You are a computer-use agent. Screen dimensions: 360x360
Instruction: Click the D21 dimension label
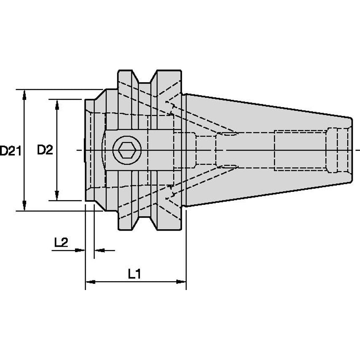[10, 150]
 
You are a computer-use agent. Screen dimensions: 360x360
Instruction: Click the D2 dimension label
[45, 150]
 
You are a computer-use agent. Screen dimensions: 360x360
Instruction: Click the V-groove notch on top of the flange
[145, 78]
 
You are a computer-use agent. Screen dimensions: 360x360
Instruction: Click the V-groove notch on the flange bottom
[145, 222]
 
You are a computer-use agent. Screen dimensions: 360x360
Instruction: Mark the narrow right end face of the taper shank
[352, 150]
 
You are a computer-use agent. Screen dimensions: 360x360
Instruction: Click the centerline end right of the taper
[357, 150]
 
